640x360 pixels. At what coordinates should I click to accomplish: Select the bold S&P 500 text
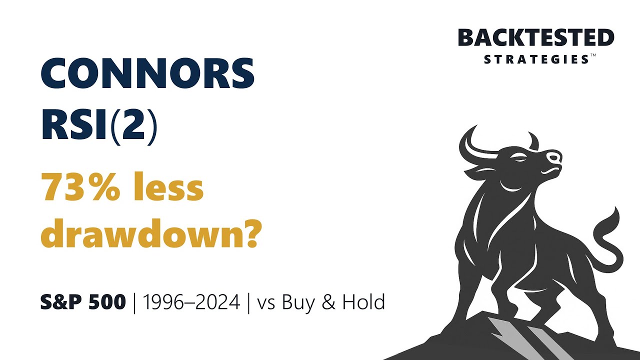click(83, 302)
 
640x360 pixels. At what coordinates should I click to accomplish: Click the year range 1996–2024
click(191, 302)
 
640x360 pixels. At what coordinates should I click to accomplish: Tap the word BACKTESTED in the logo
click(536, 38)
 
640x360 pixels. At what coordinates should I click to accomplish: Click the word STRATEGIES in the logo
click(536, 59)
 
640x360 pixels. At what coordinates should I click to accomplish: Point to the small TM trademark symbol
click(593, 56)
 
